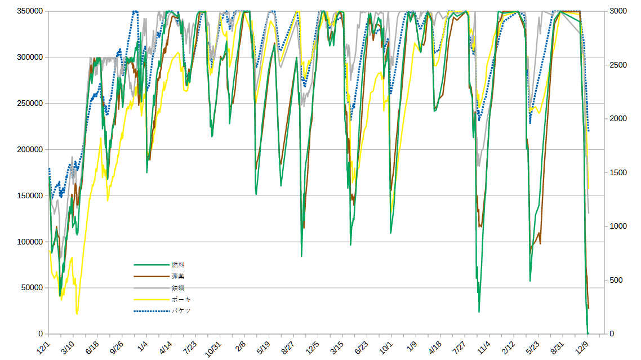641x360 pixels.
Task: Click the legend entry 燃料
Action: coord(178,265)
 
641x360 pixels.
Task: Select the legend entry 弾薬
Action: coord(178,276)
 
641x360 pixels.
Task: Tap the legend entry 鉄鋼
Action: coord(178,288)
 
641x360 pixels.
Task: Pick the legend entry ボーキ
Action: coord(181,299)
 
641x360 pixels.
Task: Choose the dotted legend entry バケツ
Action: coord(181,311)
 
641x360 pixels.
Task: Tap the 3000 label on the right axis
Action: coord(618,11)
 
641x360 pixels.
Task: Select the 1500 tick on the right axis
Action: coord(618,173)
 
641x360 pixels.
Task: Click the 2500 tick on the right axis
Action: coord(618,65)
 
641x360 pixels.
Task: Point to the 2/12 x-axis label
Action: coord(508,346)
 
